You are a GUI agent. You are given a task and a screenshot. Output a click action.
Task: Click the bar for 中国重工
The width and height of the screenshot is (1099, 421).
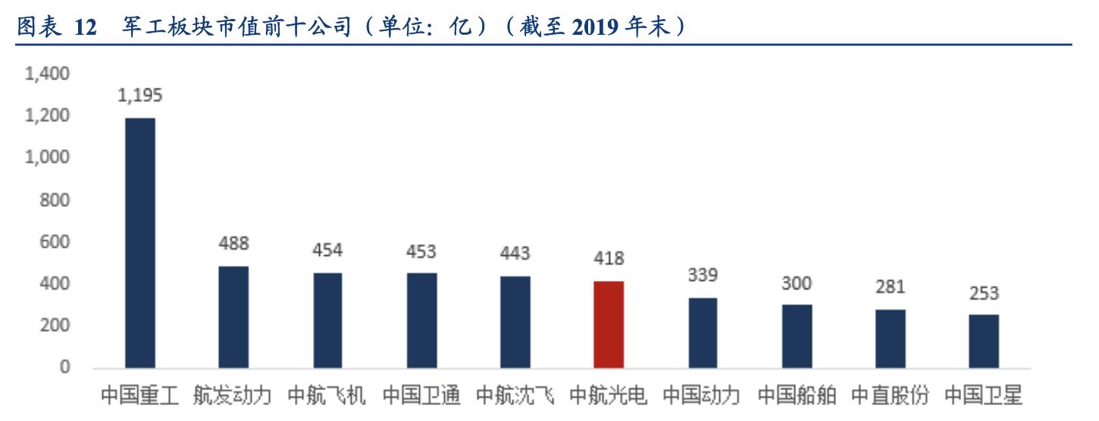140,243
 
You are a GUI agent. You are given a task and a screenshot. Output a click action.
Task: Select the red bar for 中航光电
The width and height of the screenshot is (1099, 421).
609,325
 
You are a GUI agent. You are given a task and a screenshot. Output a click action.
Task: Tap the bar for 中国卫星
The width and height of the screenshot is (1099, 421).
984,341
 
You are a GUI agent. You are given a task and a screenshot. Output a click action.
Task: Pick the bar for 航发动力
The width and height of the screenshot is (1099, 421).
233,317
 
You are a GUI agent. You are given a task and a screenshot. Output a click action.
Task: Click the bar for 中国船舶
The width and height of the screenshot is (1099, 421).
797,336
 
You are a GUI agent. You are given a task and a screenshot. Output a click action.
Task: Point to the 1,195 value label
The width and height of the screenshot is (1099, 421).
140,95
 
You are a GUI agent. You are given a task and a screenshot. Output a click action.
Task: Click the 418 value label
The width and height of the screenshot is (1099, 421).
609,258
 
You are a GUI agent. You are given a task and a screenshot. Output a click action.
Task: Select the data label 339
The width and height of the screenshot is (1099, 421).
703,275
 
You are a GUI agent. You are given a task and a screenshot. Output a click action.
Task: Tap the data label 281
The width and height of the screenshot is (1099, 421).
890,287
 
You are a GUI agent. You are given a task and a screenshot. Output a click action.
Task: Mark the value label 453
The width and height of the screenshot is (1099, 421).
421,251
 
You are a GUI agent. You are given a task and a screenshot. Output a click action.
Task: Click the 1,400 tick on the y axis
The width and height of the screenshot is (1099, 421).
47,74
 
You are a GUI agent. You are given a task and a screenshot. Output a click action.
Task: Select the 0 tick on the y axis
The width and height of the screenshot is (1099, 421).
65,368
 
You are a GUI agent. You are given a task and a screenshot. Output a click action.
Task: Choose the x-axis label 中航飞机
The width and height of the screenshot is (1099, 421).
327,395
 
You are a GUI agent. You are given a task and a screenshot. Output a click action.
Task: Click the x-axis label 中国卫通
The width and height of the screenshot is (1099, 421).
421,395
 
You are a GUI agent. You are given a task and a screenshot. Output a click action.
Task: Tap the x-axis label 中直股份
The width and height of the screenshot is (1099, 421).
890,395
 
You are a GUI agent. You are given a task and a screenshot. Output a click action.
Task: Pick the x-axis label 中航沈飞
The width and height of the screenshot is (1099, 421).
515,395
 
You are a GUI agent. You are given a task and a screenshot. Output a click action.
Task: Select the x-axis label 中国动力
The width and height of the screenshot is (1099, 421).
703,395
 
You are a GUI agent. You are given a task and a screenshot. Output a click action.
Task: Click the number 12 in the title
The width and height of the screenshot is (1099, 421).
86,27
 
